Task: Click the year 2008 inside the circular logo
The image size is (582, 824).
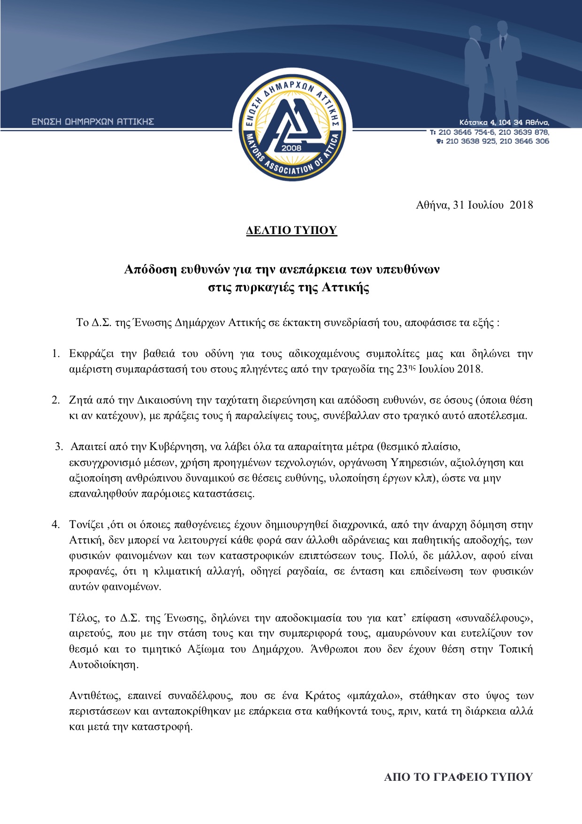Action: click(x=291, y=148)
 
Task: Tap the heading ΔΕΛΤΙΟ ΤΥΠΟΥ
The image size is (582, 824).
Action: click(x=291, y=230)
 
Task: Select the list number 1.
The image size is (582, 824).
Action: click(x=56, y=353)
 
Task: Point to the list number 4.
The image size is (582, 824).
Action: click(x=56, y=524)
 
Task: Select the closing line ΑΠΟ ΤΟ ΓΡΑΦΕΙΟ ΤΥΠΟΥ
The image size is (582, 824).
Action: click(x=458, y=777)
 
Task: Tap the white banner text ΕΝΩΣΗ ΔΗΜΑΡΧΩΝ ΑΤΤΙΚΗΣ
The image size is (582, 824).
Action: click(x=93, y=122)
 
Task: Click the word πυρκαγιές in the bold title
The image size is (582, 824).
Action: click(x=264, y=288)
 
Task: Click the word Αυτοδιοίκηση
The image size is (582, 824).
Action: click(x=104, y=665)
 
